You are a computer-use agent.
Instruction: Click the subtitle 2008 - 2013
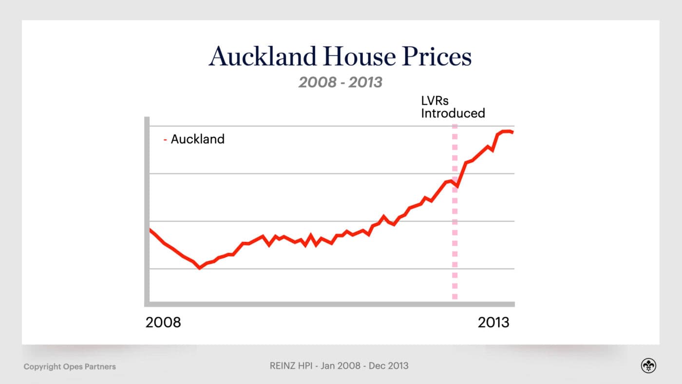[x=340, y=82]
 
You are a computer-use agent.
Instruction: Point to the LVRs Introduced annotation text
[x=453, y=107]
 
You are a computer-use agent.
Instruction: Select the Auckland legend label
[x=197, y=139]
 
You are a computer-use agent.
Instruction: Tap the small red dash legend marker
[x=166, y=140]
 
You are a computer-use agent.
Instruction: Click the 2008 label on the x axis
[x=163, y=323]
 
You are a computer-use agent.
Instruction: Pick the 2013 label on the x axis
[x=493, y=323]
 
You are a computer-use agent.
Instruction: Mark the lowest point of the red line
[x=199, y=268]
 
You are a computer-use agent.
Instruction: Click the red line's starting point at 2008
[x=150, y=230]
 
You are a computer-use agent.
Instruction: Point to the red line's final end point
[x=512, y=132]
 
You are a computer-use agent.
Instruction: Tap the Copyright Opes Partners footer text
[x=70, y=366]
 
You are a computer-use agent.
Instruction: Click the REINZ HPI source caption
[x=339, y=365]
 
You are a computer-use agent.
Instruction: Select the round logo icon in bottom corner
[x=648, y=366]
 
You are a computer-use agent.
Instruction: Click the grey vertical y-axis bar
[x=147, y=210]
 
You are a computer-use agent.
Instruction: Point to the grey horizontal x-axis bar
[x=331, y=304]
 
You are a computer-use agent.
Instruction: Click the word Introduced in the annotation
[x=453, y=114]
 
